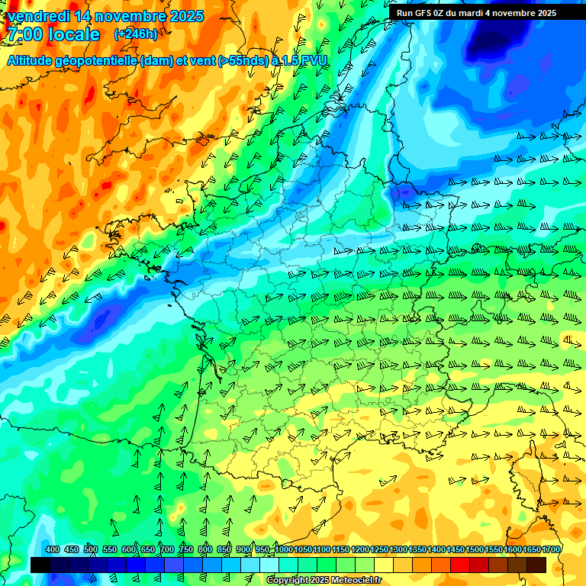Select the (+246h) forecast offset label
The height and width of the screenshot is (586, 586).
point(136,34)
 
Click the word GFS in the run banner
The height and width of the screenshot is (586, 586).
point(426,12)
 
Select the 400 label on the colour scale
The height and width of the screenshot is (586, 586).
point(53,550)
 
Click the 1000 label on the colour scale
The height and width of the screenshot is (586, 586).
point(284,550)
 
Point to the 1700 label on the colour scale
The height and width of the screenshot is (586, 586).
point(551,550)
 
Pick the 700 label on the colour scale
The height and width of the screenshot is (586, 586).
point(167,550)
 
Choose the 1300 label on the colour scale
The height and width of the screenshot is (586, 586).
point(398,550)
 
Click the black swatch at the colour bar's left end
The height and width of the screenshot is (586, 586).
point(40,565)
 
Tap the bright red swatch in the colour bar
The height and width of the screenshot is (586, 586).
point(460,565)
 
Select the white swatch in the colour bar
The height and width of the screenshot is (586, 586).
point(269,565)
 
